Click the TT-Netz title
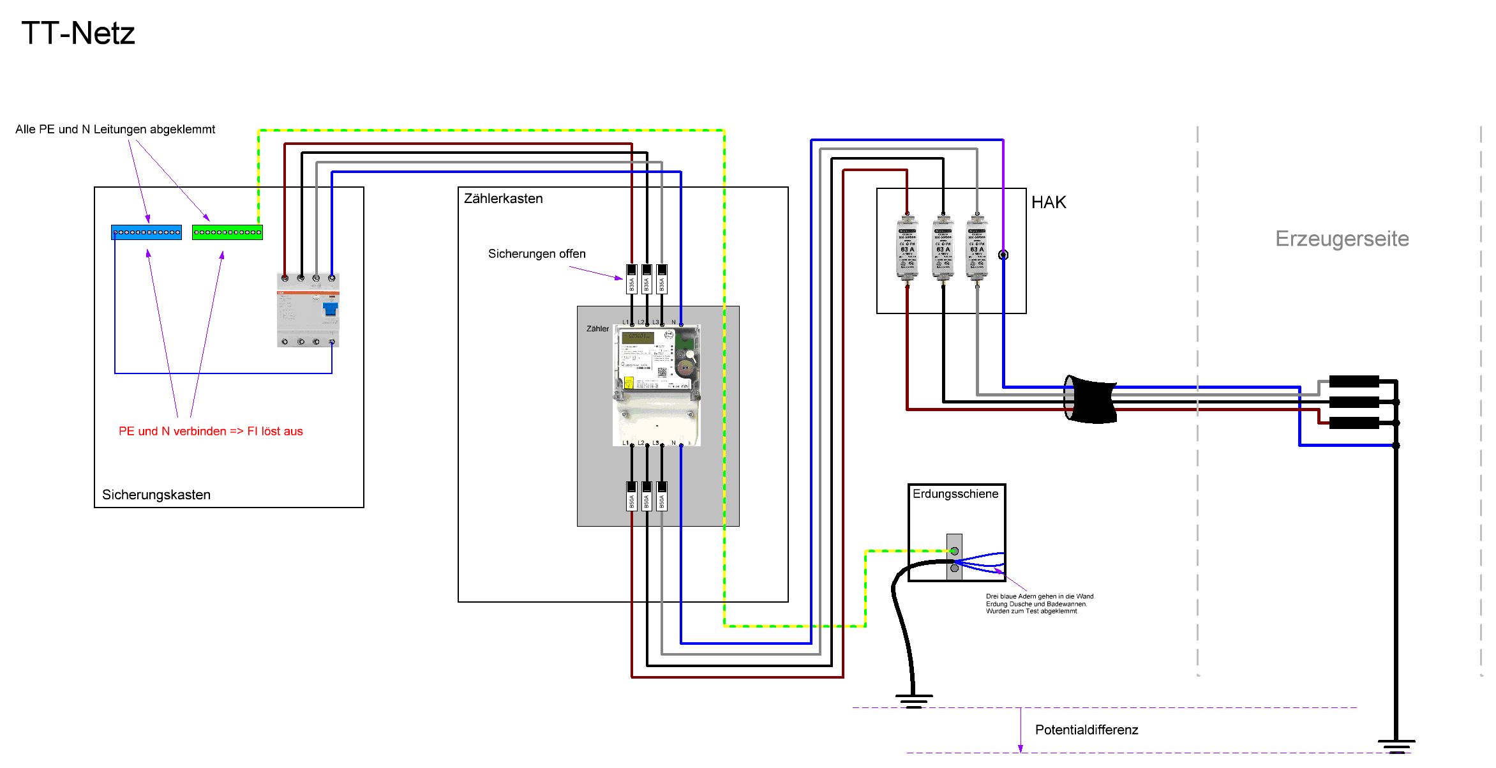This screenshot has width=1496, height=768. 78,33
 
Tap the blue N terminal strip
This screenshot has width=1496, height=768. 146,232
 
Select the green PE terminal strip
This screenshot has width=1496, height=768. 227,232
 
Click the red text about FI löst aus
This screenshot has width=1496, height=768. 211,432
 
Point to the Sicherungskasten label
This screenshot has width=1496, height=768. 156,495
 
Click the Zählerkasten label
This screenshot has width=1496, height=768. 503,199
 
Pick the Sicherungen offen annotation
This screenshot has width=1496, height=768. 537,254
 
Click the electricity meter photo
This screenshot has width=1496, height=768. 657,383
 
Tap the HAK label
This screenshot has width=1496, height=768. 1049,202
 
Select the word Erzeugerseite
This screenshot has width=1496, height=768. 1342,239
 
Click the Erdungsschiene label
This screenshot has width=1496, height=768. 955,493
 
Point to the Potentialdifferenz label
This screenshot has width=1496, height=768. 1086,730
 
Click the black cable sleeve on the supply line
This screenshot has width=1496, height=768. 1091,400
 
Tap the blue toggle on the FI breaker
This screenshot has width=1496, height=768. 330,310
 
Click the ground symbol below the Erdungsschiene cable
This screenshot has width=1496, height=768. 914,701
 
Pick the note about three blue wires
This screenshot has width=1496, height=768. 1039,604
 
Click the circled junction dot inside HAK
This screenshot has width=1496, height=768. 1003,255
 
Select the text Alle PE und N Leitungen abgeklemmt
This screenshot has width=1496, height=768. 116,130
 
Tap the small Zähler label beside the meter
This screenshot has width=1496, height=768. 597,329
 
